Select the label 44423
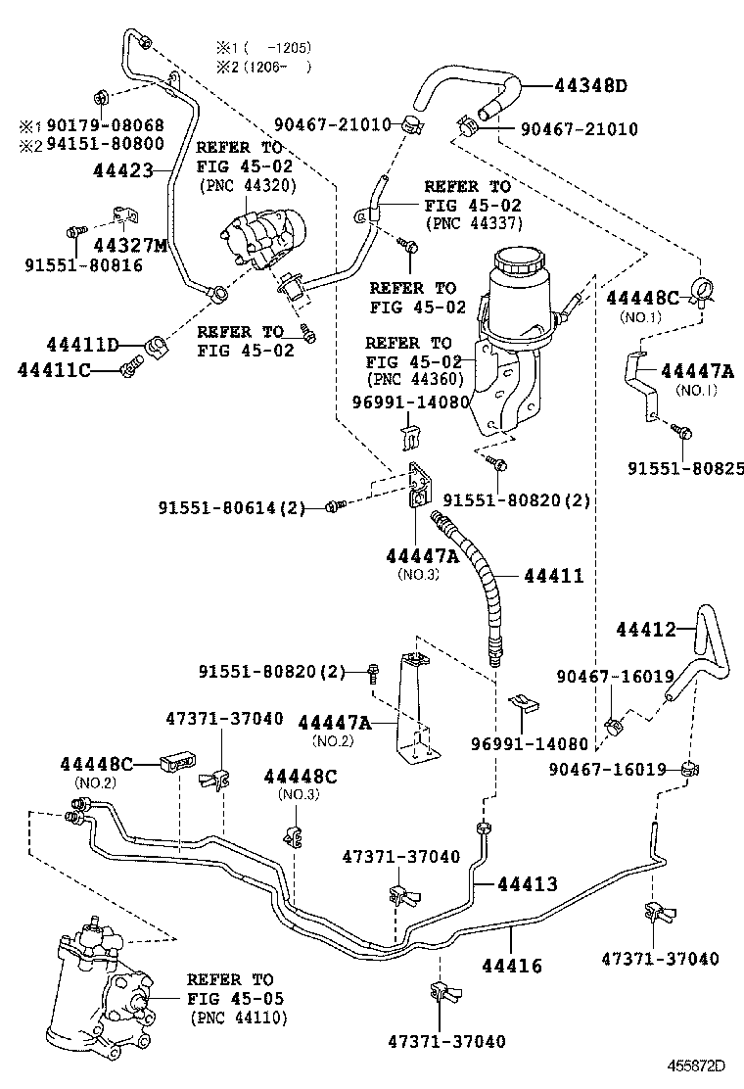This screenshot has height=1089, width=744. pyautogui.click(x=124, y=170)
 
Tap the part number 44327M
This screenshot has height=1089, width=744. pyautogui.click(x=135, y=244)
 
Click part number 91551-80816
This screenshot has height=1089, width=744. pyautogui.click(x=83, y=265)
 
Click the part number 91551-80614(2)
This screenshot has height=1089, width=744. pyautogui.click(x=232, y=508)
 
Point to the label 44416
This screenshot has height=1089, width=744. pyautogui.click(x=511, y=966)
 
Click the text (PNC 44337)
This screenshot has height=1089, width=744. pyautogui.click(x=473, y=224)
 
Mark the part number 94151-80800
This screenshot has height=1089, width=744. pyautogui.click(x=103, y=145)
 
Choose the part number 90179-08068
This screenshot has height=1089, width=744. pyautogui.click(x=103, y=126)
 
